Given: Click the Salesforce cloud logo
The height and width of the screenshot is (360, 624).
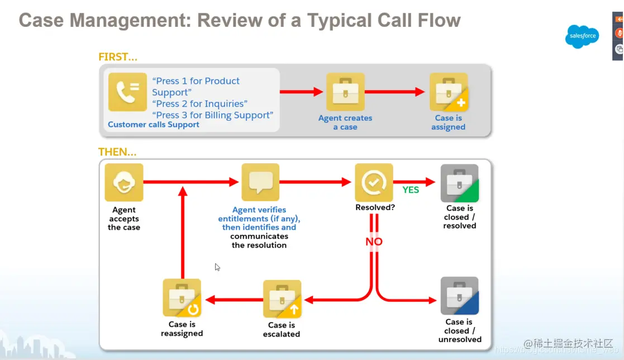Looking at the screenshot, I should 582,36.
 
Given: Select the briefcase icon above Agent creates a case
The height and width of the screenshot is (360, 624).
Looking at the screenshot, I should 345,92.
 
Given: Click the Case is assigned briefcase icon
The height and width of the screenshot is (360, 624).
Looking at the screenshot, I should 449,92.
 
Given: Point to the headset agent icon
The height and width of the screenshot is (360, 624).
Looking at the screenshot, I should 124,182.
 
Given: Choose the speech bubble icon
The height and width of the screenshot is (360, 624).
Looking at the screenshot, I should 260,182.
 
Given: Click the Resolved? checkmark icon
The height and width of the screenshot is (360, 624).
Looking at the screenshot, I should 374,182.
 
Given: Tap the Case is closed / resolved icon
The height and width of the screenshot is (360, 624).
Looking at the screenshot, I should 459,183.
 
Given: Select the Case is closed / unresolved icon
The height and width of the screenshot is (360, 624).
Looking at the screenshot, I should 459,296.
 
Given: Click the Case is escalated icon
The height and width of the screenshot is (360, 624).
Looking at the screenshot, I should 282,299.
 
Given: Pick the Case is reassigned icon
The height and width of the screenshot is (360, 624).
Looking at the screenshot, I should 182,298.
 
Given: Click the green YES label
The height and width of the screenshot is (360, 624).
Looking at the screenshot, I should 411,190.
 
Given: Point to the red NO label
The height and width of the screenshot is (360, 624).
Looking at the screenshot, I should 374,241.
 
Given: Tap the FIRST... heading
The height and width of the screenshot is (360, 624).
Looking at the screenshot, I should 118,56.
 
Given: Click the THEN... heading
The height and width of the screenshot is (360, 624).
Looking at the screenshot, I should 117,152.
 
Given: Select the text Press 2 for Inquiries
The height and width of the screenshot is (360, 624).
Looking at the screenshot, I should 199,103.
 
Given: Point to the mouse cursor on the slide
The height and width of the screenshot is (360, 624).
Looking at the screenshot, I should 217,267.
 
